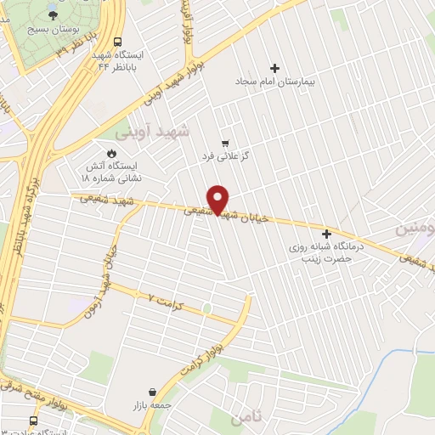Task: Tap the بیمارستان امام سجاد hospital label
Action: (274, 83)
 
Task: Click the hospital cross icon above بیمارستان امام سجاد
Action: (274, 68)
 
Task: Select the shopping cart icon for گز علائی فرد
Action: (224, 143)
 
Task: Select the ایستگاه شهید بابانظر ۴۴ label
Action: (121, 59)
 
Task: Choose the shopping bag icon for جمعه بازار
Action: (151, 393)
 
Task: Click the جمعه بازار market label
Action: (151, 407)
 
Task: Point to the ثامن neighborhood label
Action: (247, 415)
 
